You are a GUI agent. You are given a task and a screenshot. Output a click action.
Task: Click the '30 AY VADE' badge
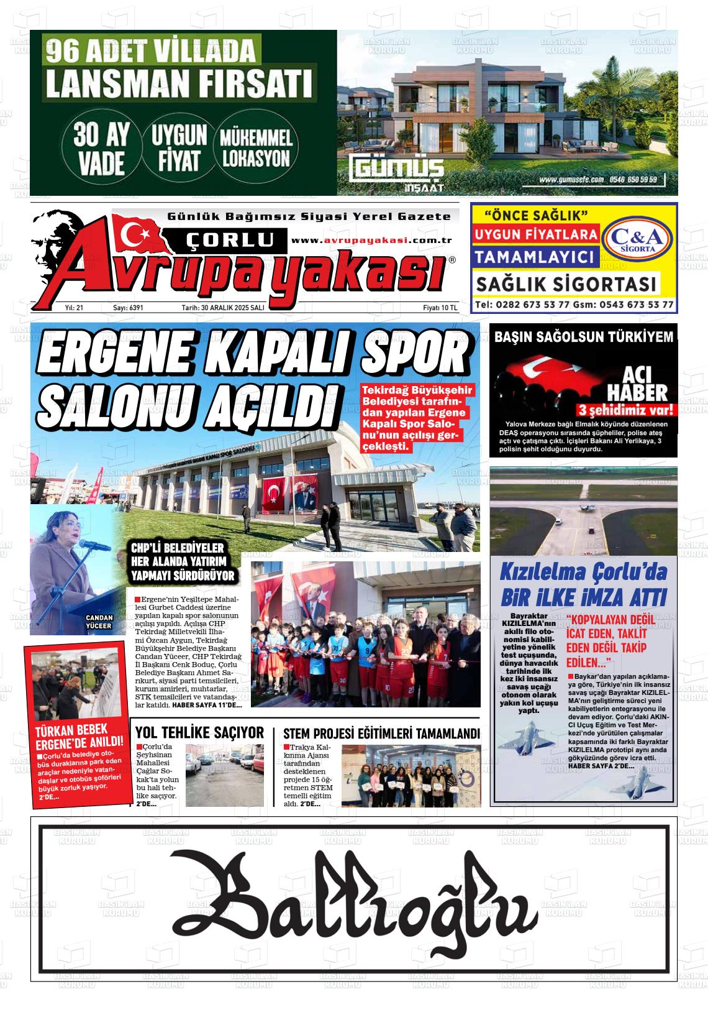(x=99, y=151)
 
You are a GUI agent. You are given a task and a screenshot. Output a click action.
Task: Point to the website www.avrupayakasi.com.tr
(x=371, y=241)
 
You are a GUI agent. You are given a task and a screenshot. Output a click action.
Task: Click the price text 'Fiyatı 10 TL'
(x=439, y=308)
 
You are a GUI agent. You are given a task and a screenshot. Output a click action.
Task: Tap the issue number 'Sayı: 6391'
(x=128, y=308)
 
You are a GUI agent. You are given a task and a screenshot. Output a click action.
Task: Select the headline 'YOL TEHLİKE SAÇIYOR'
(x=199, y=732)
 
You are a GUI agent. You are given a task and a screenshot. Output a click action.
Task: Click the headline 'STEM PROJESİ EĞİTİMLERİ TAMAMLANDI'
(x=381, y=733)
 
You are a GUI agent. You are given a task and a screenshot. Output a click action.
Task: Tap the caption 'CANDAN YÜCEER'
(x=99, y=622)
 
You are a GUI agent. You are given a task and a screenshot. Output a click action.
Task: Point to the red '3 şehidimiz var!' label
(x=625, y=410)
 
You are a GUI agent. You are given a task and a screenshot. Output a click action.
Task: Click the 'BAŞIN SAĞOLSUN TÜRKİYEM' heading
(x=583, y=338)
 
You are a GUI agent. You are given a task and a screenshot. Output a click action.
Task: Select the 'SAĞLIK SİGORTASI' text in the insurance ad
(x=566, y=285)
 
